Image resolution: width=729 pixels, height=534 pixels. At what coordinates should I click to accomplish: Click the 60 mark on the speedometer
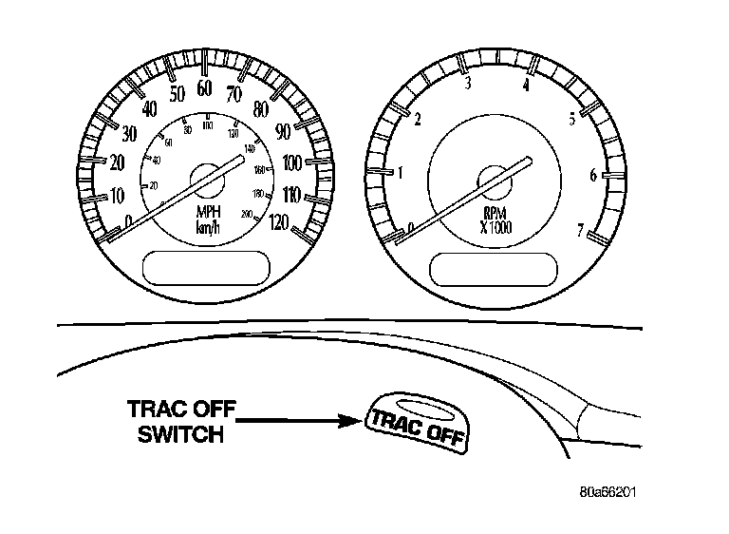[x=204, y=87]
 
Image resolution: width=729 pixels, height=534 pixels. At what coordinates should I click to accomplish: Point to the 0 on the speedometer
[x=128, y=220]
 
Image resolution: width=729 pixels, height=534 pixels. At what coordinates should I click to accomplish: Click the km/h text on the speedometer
[x=208, y=228]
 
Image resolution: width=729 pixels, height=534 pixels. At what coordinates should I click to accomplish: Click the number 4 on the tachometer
[x=525, y=86]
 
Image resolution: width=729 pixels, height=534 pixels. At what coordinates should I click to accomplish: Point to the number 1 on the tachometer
[x=401, y=174]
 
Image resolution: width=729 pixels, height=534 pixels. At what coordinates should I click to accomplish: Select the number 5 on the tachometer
[x=571, y=119]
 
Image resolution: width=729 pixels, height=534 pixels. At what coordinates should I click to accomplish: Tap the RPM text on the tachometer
[x=495, y=213]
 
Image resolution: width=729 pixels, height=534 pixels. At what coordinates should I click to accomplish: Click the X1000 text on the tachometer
[x=495, y=228]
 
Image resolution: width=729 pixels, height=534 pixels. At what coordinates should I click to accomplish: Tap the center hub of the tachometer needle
[x=495, y=178]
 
